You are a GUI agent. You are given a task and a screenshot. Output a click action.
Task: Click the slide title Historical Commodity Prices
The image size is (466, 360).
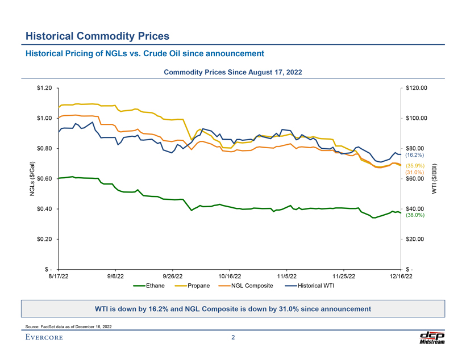tap(97, 36)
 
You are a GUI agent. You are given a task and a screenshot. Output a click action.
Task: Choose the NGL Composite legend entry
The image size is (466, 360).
tap(252, 285)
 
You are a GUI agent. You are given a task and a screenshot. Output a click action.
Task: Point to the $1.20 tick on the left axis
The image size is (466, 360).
tap(44, 88)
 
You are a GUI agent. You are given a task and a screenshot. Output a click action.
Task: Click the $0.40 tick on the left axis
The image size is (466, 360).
tap(44, 209)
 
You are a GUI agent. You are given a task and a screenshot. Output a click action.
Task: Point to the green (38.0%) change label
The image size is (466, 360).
tap(415, 216)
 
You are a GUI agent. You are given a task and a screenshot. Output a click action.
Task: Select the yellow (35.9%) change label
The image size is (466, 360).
tap(415, 166)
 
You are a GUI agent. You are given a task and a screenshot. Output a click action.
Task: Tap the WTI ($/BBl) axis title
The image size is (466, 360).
tap(435, 179)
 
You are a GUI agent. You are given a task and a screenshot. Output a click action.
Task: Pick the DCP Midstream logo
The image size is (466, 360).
tap(431, 337)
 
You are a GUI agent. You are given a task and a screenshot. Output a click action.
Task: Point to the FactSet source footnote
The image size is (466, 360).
tap(69, 326)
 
